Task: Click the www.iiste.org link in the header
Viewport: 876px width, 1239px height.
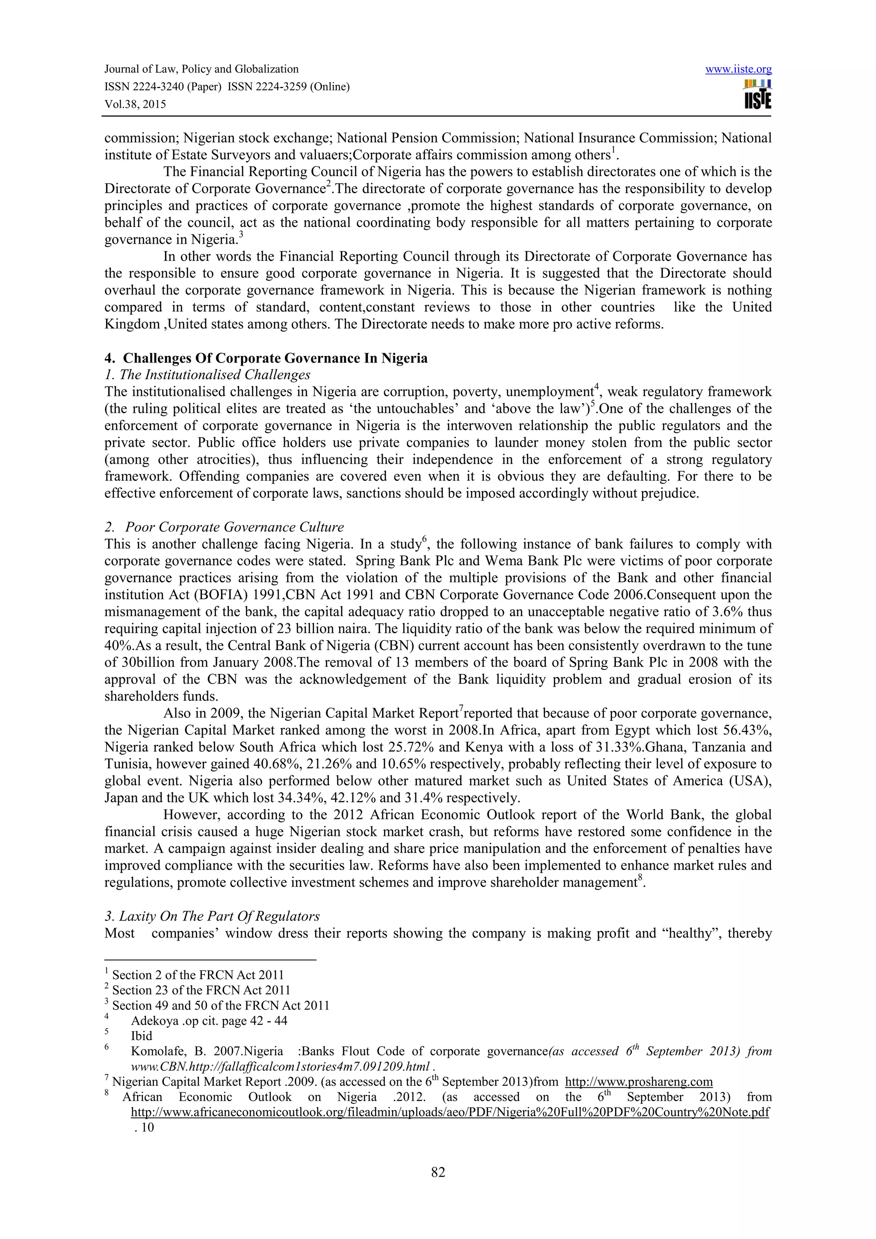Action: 738,70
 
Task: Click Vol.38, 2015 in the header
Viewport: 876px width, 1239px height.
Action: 135,104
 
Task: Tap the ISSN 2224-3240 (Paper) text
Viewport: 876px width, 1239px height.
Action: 163,87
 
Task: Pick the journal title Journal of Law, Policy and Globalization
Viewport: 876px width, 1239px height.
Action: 201,69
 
